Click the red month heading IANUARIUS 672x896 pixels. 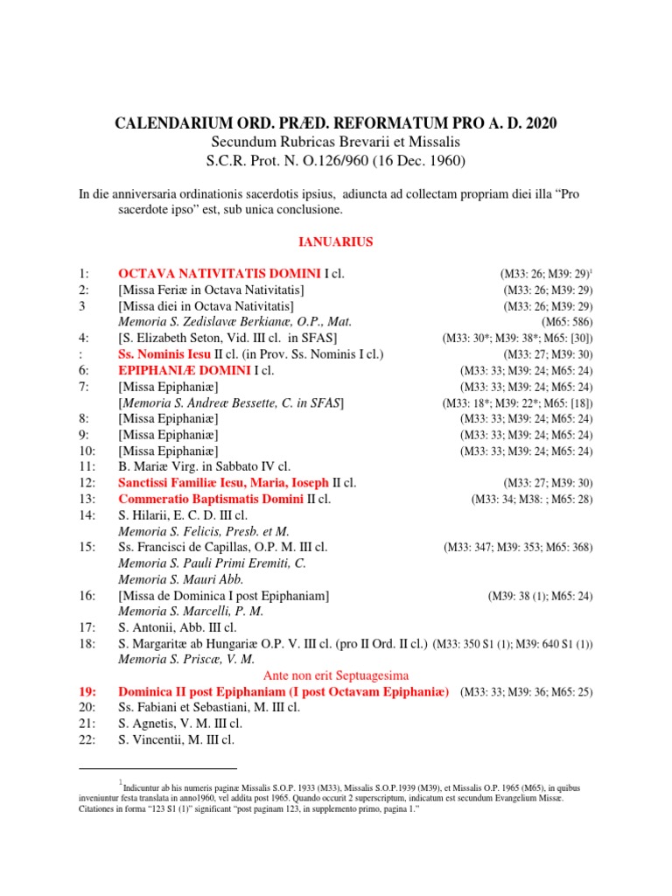point(336,241)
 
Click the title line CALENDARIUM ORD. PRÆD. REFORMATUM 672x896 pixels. point(336,123)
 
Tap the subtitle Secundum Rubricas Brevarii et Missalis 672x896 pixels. point(336,142)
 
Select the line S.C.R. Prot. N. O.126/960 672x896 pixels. point(336,160)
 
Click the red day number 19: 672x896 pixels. point(90,692)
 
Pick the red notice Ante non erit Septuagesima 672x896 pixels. point(336,675)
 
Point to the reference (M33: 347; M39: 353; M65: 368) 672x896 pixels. point(518,548)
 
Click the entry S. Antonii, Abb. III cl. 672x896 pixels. point(178,627)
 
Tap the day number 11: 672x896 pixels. point(87,466)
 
